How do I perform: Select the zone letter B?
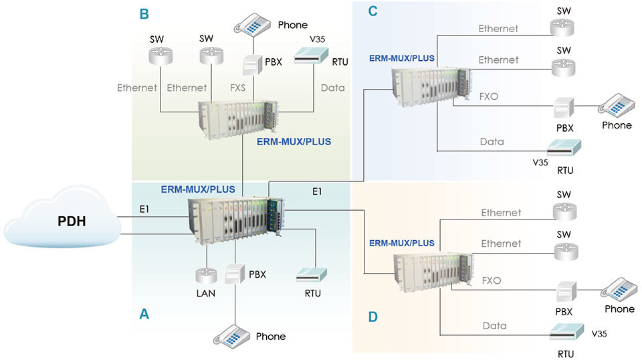143,13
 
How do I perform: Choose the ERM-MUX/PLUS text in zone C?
402,58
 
